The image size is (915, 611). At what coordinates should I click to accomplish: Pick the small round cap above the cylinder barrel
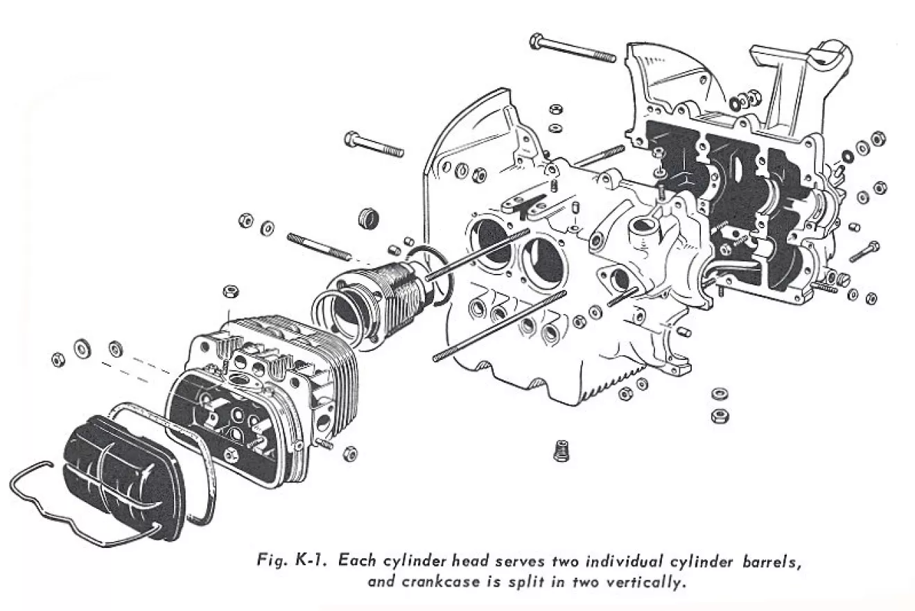371,217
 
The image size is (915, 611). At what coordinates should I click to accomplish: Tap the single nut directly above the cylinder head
229,289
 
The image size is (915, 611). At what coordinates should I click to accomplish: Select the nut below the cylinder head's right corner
350,454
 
